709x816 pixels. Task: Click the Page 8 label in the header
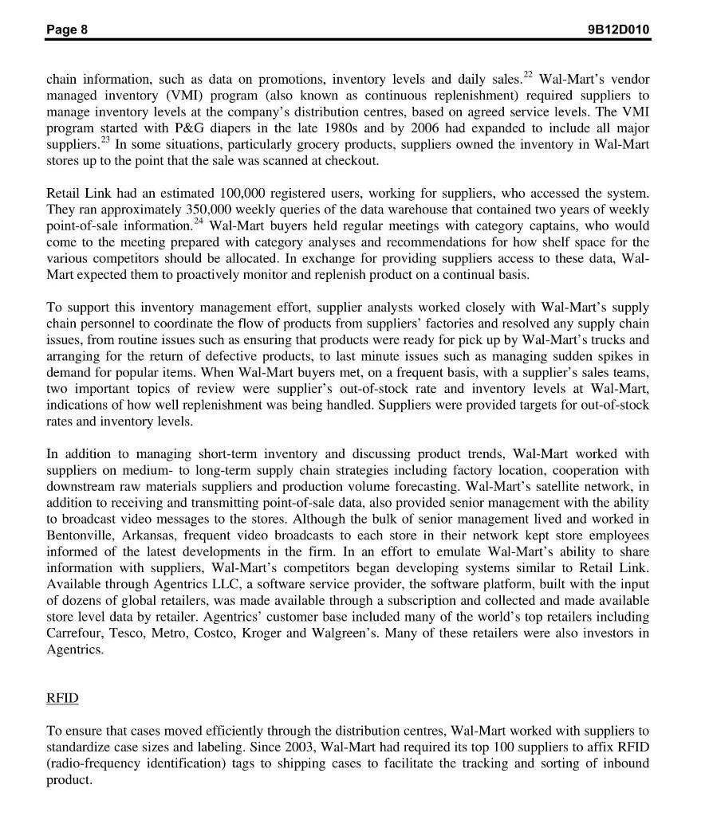(x=67, y=29)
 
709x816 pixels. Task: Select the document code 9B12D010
(x=616, y=29)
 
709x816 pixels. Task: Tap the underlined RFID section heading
(x=62, y=697)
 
